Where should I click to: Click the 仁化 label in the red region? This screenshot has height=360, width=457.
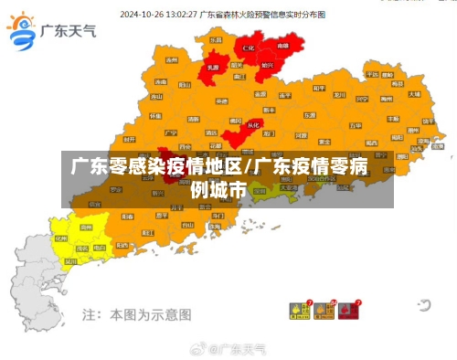[x=249, y=46]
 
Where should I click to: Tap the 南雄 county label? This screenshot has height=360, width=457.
[x=282, y=44]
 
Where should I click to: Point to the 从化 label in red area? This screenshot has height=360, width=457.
[x=254, y=124]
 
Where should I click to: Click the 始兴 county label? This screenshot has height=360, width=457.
[x=267, y=66]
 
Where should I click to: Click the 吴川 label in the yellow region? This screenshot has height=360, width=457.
[x=71, y=260]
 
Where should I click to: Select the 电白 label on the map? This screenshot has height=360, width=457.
[x=100, y=247]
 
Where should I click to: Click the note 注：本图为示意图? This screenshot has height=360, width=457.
[x=137, y=313]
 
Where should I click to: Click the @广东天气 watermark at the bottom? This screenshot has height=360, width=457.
[x=228, y=349]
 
